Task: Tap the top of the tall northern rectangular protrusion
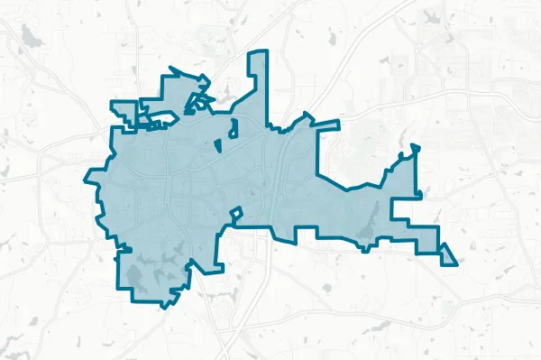[x=259, y=54]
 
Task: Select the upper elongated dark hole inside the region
[x=233, y=128]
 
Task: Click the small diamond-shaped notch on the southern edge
[x=236, y=215]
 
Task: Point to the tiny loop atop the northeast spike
[x=414, y=147]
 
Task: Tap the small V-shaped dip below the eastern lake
[x=362, y=243]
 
